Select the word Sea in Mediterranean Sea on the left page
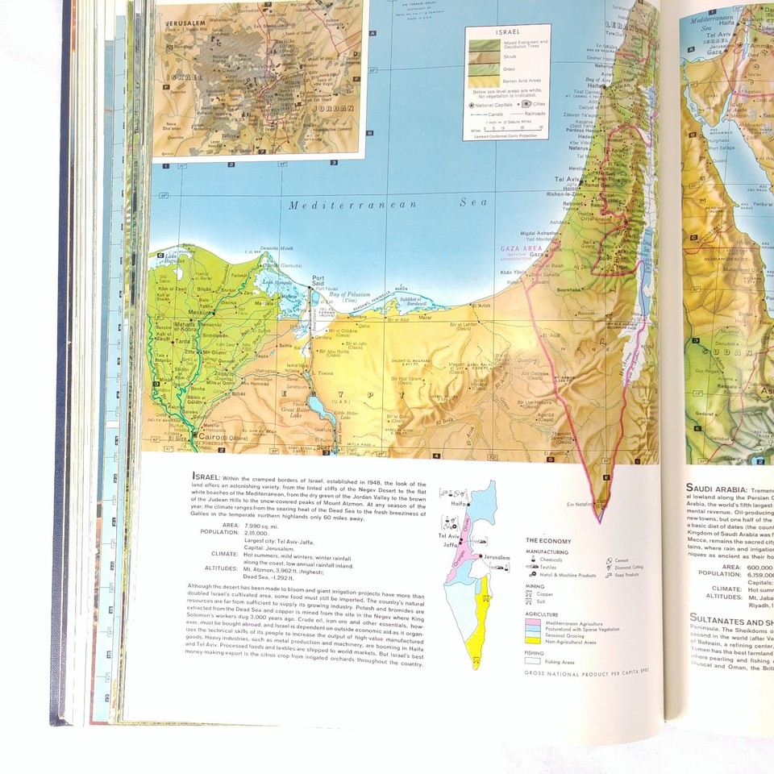pos(474,202)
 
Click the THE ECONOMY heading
pos(548,541)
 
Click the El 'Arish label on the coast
pos(482,306)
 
